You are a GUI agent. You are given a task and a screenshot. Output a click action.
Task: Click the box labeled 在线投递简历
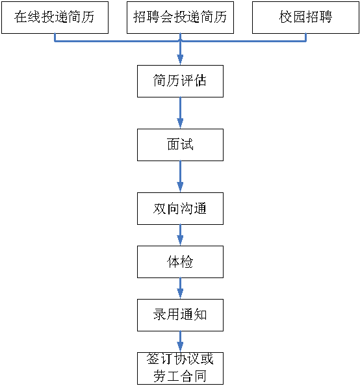[x=55, y=18]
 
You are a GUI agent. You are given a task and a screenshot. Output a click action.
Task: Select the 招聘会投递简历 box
[x=180, y=18]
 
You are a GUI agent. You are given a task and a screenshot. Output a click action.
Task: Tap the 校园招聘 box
[x=305, y=18]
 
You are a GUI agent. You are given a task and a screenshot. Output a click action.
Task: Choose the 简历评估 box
[x=180, y=81]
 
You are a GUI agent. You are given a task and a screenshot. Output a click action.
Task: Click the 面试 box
[x=180, y=145]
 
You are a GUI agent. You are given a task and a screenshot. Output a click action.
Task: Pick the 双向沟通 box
[x=180, y=209]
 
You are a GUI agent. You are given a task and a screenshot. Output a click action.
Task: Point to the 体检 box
[x=180, y=262]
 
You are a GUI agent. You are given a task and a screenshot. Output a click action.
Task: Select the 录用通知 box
[x=180, y=315]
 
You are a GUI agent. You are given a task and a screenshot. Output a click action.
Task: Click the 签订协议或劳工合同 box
[x=180, y=368]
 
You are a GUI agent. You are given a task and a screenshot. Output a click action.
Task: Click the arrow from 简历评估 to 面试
[x=180, y=113]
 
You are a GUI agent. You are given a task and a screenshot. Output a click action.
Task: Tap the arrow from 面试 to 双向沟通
[x=180, y=177]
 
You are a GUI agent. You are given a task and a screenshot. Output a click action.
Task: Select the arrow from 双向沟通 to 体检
[x=180, y=235]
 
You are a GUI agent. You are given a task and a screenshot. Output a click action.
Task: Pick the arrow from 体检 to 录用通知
[x=180, y=289]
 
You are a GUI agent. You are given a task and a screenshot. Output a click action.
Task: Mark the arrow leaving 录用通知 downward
[x=180, y=342]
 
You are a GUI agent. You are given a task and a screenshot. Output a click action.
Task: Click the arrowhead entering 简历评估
[x=180, y=60]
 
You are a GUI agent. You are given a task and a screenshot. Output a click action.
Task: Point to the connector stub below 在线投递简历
[x=55, y=38]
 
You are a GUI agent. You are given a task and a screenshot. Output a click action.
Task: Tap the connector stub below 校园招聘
[x=305, y=38]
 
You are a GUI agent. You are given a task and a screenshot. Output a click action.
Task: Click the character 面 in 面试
[x=174, y=144]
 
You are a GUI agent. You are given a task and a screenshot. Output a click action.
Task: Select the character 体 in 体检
[x=174, y=261]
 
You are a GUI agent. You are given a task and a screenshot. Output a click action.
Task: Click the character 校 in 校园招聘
[x=286, y=17]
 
